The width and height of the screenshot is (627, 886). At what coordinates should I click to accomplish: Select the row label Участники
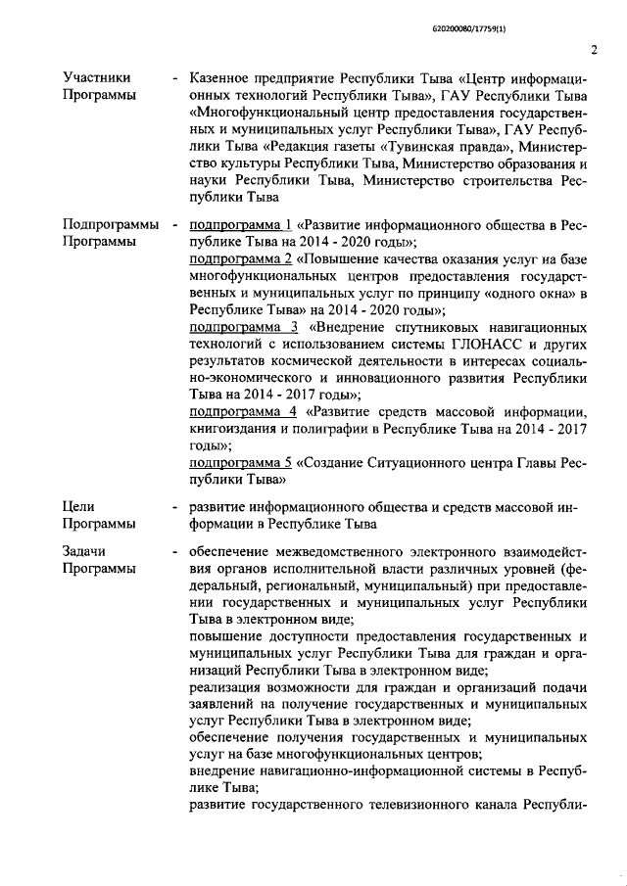pyautogui.click(x=96, y=76)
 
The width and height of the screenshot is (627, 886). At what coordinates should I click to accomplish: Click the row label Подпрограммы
pyautogui.click(x=111, y=225)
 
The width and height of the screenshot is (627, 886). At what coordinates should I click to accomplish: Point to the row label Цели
pyautogui.click(x=78, y=506)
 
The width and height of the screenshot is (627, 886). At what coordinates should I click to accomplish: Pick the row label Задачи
pyautogui.click(x=85, y=550)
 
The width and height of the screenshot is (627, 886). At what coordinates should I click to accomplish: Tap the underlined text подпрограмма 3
pyautogui.click(x=243, y=326)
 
